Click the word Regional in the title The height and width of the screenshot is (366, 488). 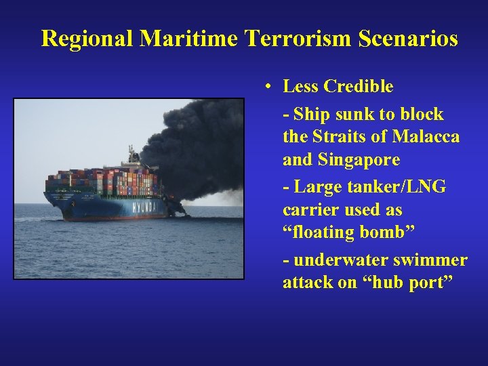coord(87,39)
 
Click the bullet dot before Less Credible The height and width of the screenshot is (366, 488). coord(269,87)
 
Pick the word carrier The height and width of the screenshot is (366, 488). coord(308,210)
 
